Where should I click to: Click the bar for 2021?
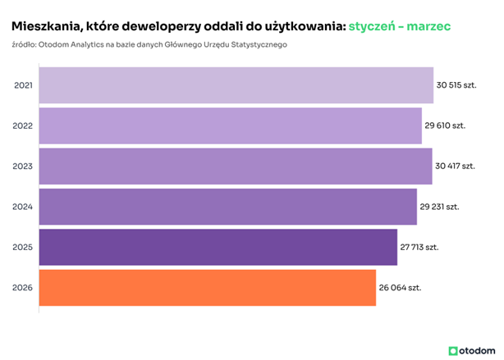click(x=236, y=85)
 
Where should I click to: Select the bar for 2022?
click(x=230, y=125)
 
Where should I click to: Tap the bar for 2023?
click(x=235, y=166)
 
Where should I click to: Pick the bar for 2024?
click(x=227, y=207)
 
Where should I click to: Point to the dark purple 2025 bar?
click(x=218, y=247)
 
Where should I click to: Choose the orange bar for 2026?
click(x=207, y=288)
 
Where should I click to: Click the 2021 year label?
click(x=24, y=85)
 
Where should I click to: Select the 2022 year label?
click(x=24, y=125)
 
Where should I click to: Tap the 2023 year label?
click(x=24, y=166)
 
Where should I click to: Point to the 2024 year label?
click(x=24, y=207)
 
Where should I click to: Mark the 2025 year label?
click(x=24, y=247)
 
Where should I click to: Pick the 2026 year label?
click(x=24, y=288)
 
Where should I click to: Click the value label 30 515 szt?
click(x=456, y=85)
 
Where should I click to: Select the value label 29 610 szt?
click(x=445, y=125)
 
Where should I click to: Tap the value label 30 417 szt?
click(x=455, y=166)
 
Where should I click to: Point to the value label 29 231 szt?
click(x=440, y=207)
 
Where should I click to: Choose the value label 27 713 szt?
click(x=420, y=247)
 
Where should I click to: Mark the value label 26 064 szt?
click(x=400, y=288)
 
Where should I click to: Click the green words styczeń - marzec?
click(x=399, y=27)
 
